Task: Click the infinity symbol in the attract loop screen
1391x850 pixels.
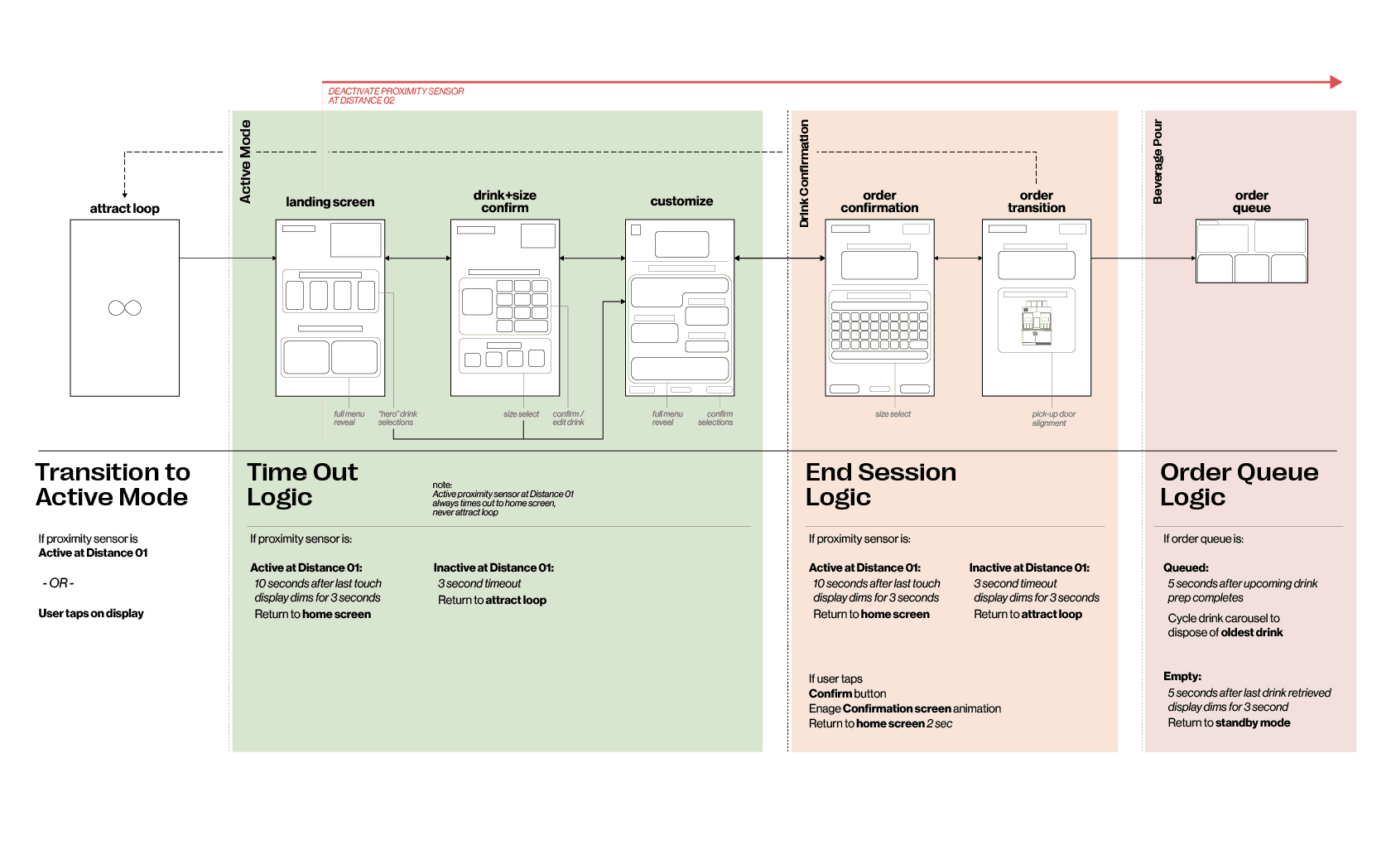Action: (x=125, y=308)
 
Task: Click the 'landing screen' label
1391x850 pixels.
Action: (x=330, y=202)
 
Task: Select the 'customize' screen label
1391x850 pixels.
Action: (x=681, y=201)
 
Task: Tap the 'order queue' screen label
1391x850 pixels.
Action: (x=1251, y=201)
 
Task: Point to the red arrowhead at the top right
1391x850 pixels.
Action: (x=1335, y=82)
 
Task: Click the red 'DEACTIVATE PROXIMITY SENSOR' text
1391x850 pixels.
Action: (x=396, y=95)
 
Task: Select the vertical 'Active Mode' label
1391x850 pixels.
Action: (x=245, y=162)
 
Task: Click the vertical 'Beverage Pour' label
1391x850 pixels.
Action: (x=1158, y=162)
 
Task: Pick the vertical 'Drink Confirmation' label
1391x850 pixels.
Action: (x=804, y=173)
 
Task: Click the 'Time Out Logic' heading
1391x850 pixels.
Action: (x=302, y=485)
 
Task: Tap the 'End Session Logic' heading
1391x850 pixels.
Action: (x=880, y=485)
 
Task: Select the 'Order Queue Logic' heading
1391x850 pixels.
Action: (x=1239, y=485)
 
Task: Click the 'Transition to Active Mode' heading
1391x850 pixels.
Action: (x=113, y=485)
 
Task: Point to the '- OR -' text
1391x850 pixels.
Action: (x=59, y=583)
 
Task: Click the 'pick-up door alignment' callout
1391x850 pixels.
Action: (x=1053, y=418)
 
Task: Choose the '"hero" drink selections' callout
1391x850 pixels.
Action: (x=397, y=418)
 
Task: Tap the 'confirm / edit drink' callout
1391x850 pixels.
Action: (x=568, y=418)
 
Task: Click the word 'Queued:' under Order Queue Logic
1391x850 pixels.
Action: (x=1186, y=567)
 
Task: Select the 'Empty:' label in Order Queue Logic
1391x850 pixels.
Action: (x=1182, y=676)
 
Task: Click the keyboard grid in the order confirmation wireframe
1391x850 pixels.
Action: (x=879, y=331)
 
